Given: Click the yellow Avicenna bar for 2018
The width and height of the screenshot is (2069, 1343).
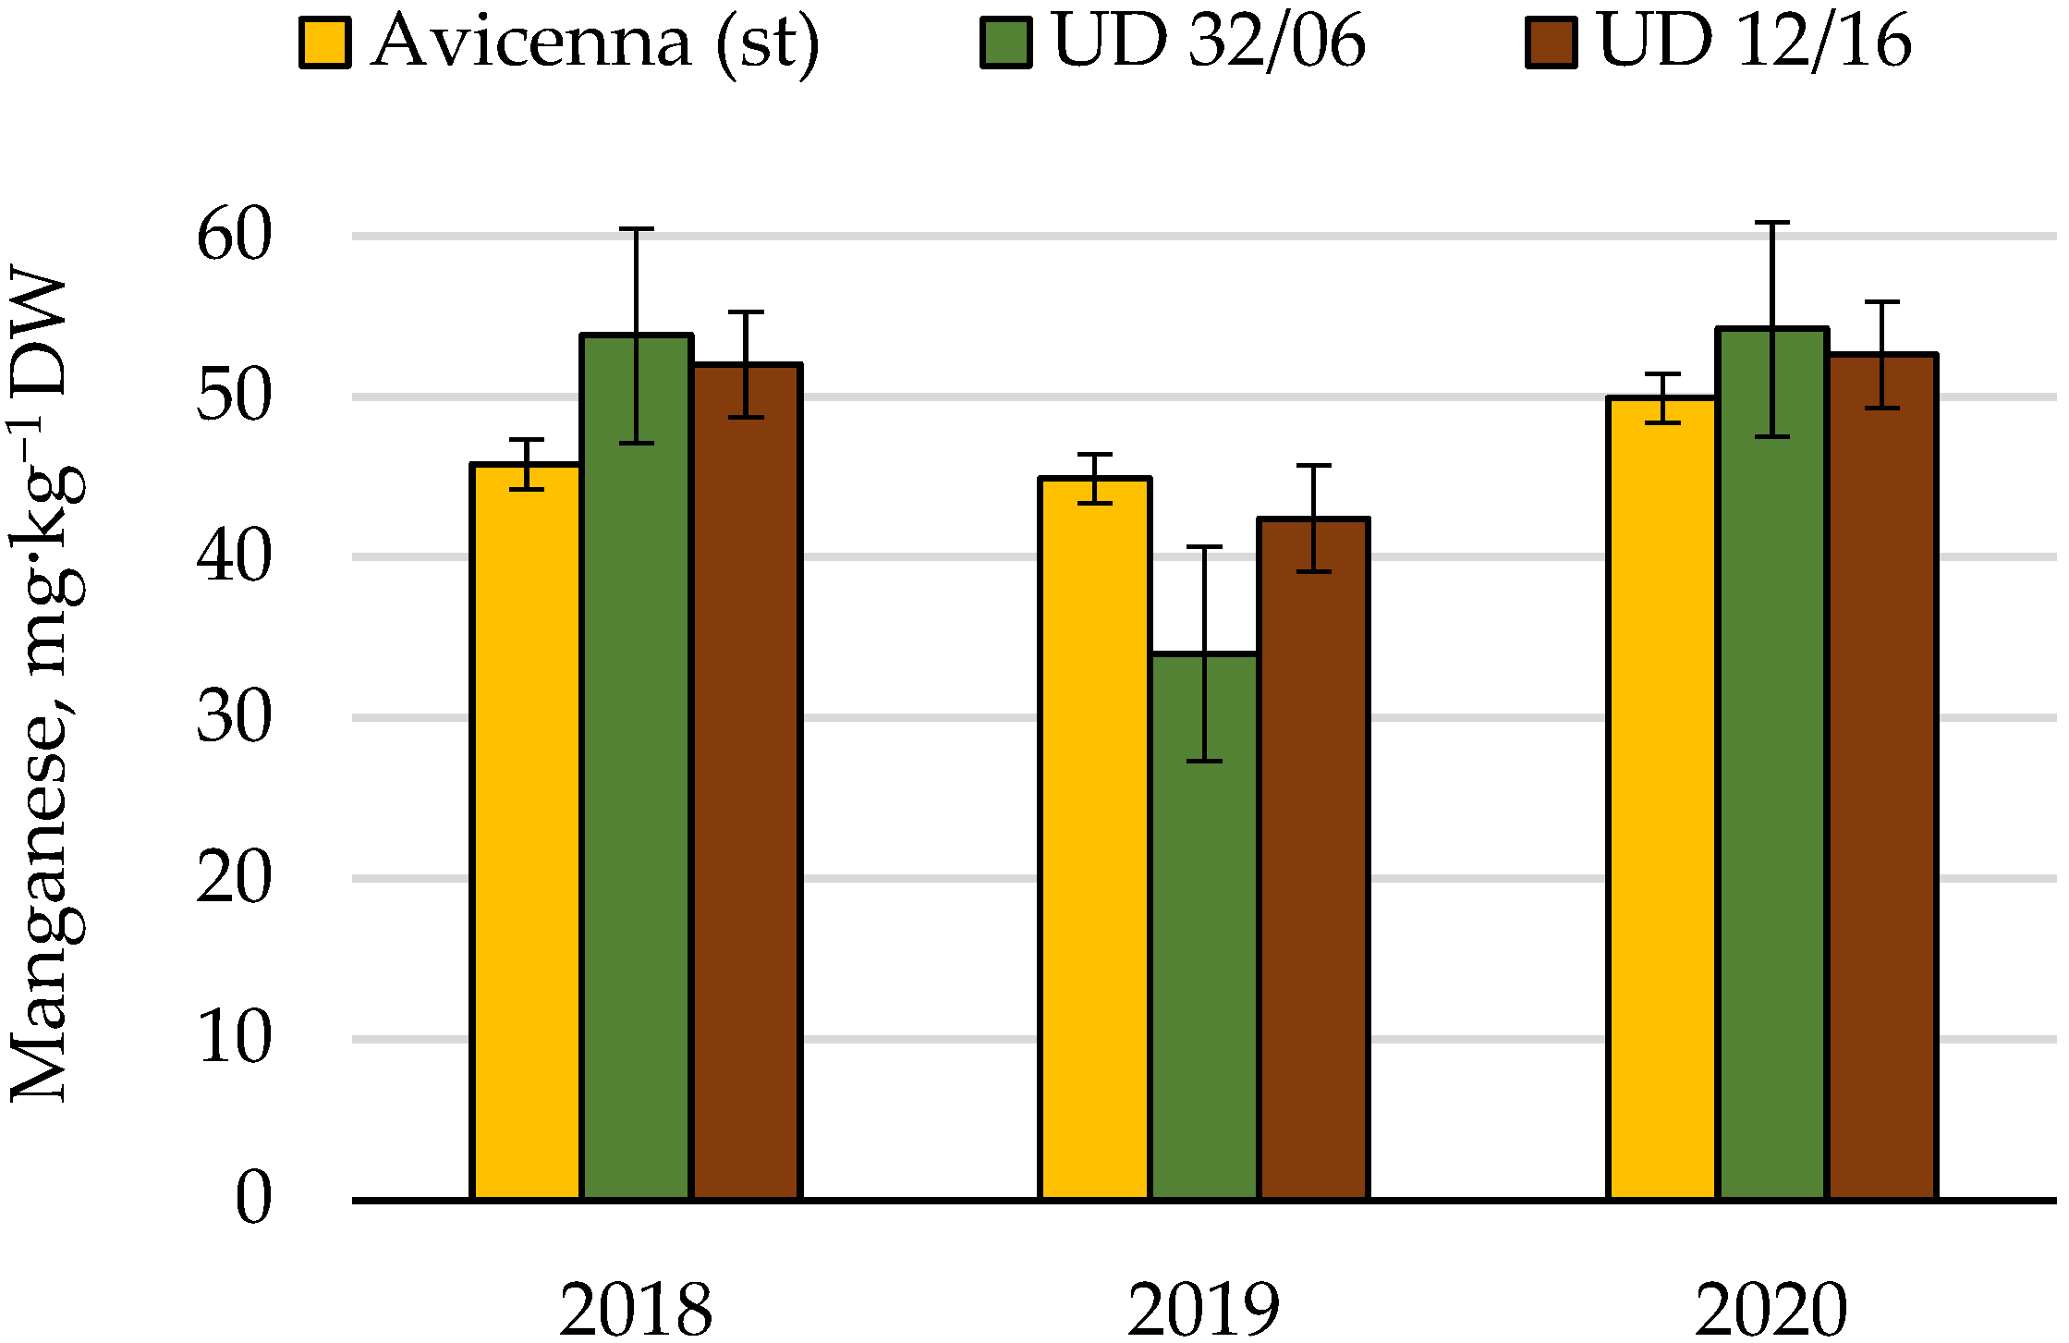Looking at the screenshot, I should click(526, 832).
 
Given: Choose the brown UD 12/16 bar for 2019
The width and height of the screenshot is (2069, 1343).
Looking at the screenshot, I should click(1313, 860).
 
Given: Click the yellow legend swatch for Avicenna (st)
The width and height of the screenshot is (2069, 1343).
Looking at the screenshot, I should click(324, 43).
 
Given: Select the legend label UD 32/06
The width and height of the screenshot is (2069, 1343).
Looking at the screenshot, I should click(1209, 42).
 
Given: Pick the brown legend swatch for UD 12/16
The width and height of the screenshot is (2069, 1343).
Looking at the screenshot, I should click(1551, 43).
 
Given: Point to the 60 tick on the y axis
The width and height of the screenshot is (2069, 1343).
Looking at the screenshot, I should click(235, 235).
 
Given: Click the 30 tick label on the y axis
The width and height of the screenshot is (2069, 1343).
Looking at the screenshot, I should click(235, 717).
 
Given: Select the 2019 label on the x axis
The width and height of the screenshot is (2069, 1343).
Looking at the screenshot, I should click(1203, 1309).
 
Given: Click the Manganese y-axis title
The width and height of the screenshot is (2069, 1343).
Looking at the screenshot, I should click(42, 684).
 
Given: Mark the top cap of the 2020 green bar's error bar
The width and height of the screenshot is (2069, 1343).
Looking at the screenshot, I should click(1772, 223).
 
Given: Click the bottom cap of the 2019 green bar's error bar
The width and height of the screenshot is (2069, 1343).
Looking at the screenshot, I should click(1204, 761).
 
